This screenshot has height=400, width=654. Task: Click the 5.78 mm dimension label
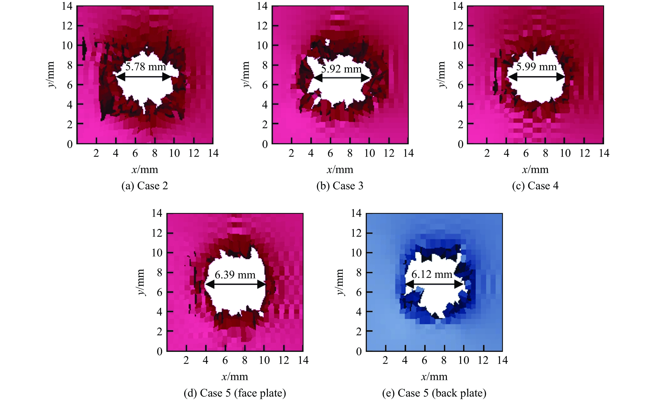(146, 67)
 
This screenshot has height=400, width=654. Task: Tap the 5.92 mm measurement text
(341, 69)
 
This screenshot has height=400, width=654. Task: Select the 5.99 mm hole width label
(536, 67)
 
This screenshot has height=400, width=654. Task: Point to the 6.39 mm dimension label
(235, 275)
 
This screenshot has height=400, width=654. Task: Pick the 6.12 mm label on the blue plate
(432, 274)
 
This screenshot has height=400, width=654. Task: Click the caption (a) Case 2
(145, 186)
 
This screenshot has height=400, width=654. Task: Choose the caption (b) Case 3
(340, 186)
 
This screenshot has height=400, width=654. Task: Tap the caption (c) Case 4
(535, 186)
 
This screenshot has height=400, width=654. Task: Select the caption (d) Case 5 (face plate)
(235, 393)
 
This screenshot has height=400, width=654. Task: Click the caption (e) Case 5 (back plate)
(434, 393)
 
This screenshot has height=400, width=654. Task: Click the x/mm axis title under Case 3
(340, 169)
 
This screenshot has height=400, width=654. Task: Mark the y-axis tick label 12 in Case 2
(67, 26)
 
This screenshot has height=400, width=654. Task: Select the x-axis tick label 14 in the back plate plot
(502, 360)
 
